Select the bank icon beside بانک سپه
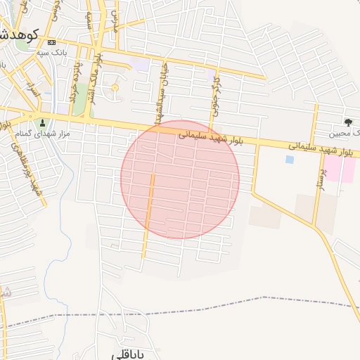(x=51, y=43)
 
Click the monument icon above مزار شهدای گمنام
(x=41, y=123)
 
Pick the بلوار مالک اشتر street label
(x=99, y=74)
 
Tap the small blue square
(x=290, y=160)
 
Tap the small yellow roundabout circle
(x=115, y=88)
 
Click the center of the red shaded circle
(x=180, y=179)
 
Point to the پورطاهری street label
(x=19, y=159)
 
